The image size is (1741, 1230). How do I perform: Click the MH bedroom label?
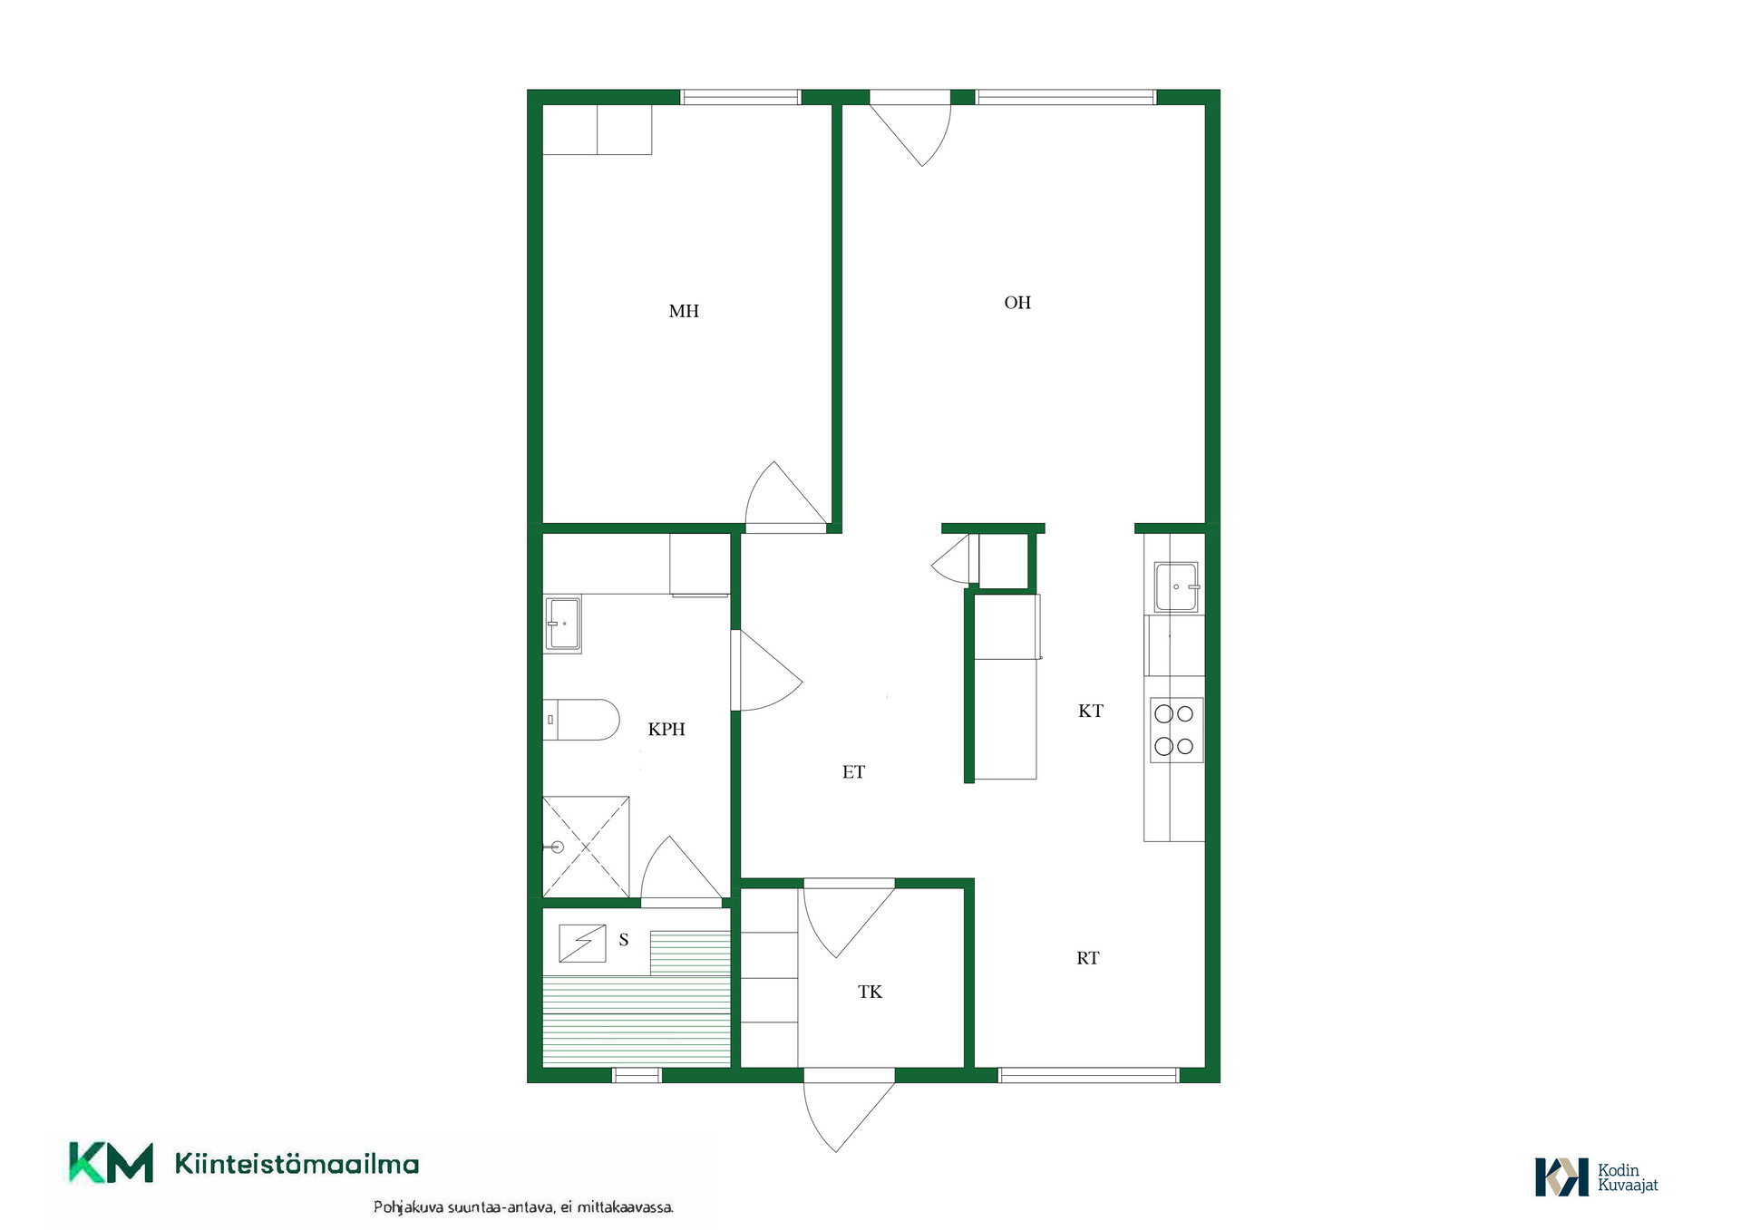point(684,311)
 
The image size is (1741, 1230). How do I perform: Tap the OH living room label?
point(1017,303)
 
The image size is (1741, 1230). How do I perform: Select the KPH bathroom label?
point(666,729)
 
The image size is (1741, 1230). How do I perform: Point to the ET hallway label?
point(853,772)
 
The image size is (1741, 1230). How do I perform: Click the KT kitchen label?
point(1090,712)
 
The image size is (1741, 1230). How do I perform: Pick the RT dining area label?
point(1087,958)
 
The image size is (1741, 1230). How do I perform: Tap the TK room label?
point(870,992)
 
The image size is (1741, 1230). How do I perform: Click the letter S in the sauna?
point(624,940)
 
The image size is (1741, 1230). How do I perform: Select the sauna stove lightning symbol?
point(582,943)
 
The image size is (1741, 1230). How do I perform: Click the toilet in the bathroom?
point(581,720)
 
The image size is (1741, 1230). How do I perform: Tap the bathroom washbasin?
point(562,624)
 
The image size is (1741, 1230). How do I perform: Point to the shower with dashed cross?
point(586,847)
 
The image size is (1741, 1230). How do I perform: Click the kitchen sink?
point(1176,586)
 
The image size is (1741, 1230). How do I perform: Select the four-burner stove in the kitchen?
point(1176,730)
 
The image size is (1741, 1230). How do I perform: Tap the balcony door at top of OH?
point(910,128)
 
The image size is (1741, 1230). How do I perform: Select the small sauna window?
point(637,1075)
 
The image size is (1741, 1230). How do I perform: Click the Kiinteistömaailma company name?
point(297,1164)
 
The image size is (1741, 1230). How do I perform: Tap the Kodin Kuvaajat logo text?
point(1628,1177)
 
